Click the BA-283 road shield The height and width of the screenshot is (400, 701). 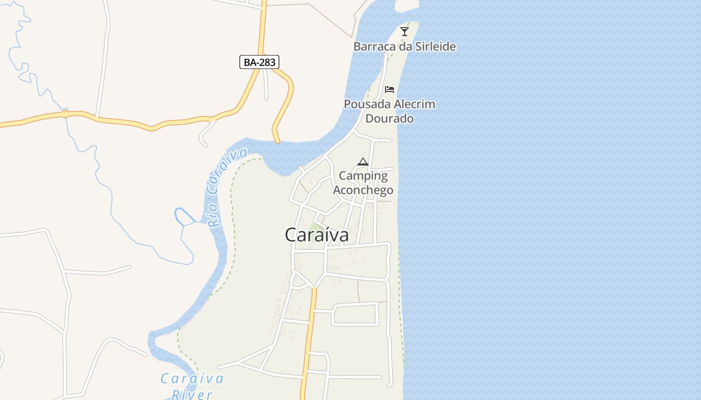(x=259, y=62)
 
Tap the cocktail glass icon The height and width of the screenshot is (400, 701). (x=405, y=31)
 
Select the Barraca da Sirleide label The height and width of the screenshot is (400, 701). (x=405, y=46)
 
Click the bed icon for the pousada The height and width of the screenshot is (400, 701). (x=390, y=89)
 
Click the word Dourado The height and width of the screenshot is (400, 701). (x=390, y=118)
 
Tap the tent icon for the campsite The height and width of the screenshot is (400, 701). (x=363, y=161)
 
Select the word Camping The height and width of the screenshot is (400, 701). (x=363, y=175)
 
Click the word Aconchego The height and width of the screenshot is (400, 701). (x=363, y=190)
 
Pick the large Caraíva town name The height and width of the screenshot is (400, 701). (x=316, y=235)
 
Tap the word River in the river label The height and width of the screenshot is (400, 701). (x=192, y=394)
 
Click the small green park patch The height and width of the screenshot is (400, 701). (x=315, y=226)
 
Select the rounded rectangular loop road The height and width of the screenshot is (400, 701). (x=355, y=314)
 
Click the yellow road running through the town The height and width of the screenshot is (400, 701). (x=309, y=340)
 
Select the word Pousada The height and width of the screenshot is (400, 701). (x=367, y=104)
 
